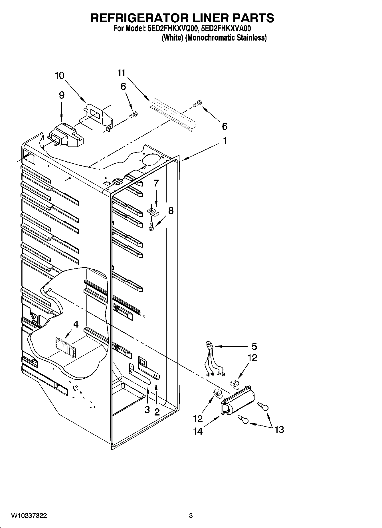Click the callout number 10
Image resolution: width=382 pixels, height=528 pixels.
(60, 76)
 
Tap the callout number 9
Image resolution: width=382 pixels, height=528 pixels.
(62, 95)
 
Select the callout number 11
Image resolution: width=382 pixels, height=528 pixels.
(121, 73)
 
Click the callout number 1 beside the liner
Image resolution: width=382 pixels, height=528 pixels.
(225, 141)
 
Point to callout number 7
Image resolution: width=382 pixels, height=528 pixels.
(156, 183)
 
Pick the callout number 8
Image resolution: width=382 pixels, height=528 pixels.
(171, 211)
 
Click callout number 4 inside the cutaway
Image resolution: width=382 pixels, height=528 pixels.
(76, 324)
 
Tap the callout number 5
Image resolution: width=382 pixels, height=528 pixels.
(254, 347)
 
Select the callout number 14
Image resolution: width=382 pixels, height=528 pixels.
(198, 431)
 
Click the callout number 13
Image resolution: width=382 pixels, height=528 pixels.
(279, 429)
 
